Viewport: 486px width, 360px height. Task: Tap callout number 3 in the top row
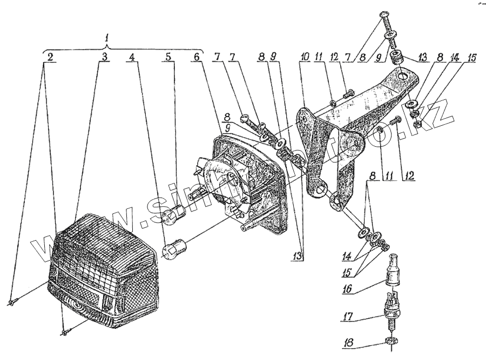(105, 56)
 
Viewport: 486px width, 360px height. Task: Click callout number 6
(197, 56)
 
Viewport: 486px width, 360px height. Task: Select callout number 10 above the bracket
(305, 57)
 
